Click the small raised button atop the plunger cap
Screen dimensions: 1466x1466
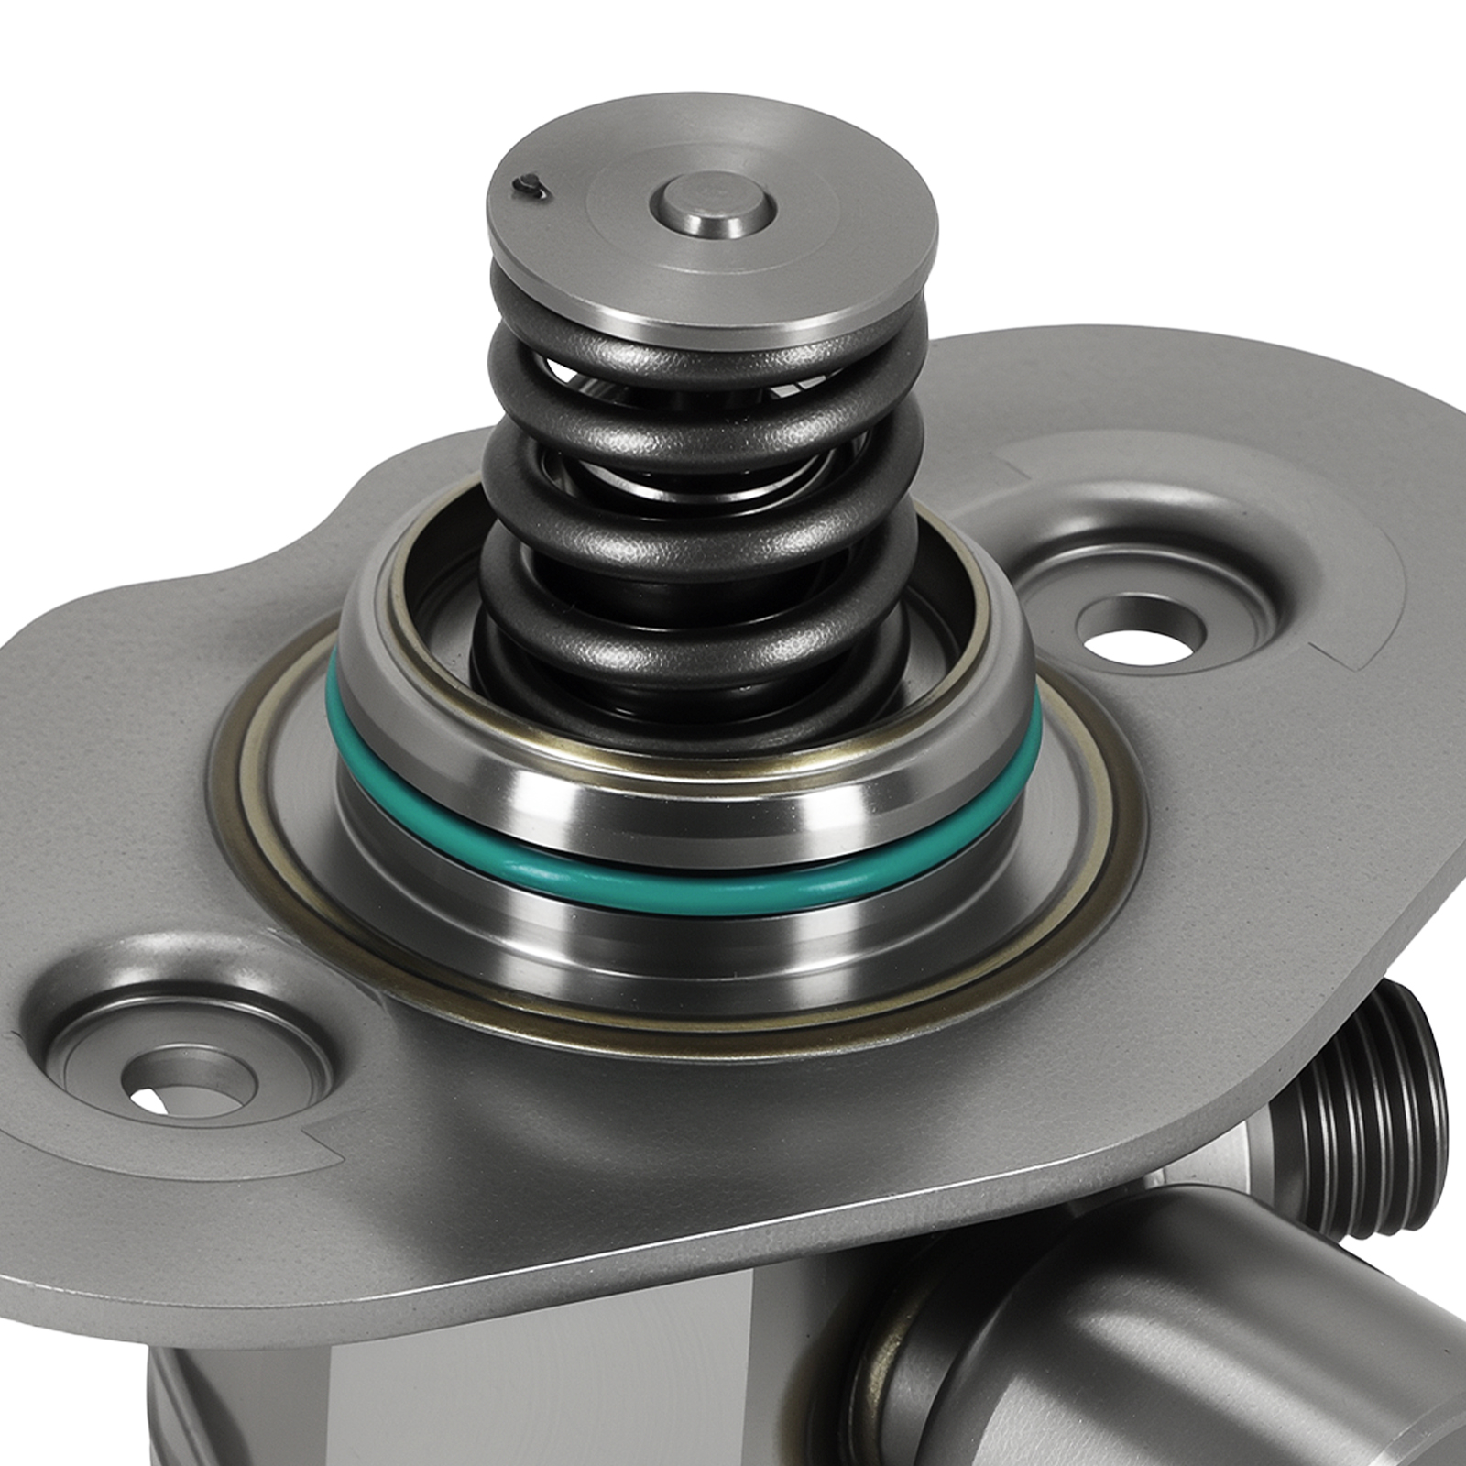[714, 205]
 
